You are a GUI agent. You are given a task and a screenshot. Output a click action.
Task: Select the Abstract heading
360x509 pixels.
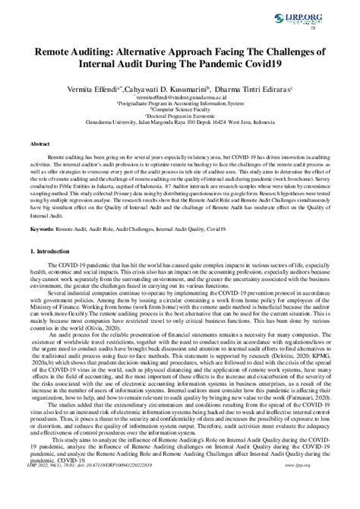tap(40, 143)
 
